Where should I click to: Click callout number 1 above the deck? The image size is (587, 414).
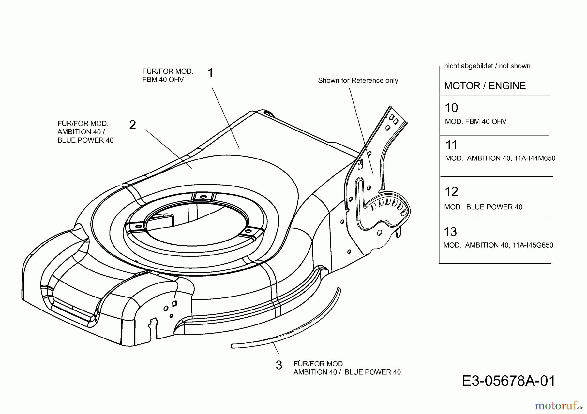point(210,73)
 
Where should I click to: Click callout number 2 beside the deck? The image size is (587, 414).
point(132,125)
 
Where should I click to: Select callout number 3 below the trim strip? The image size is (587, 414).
point(279,365)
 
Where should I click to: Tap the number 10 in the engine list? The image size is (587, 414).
point(451,108)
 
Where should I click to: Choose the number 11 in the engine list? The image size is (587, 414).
point(451,145)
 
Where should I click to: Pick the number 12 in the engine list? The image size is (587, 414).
point(451,192)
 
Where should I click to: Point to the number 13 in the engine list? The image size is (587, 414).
point(450,232)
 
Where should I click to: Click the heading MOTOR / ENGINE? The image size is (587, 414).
point(485,86)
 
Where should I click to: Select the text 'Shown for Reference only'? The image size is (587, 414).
point(358,80)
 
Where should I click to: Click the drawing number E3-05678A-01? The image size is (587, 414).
point(508,381)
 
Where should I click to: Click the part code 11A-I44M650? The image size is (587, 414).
point(533,159)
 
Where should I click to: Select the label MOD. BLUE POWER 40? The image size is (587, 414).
point(483,207)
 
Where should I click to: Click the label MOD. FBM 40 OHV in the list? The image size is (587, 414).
point(475,122)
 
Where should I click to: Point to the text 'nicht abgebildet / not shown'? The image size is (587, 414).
point(487,66)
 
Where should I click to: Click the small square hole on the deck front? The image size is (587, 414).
point(174,303)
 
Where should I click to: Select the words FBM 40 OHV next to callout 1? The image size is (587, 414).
point(163,80)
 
